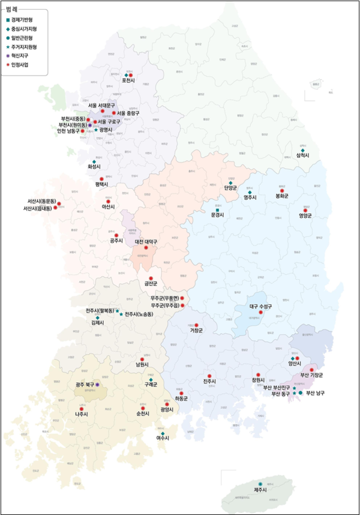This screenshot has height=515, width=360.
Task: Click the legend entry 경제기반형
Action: coord(22,20)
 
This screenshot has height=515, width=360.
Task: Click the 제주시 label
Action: coord(260,490)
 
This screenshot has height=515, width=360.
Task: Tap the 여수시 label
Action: coord(163,439)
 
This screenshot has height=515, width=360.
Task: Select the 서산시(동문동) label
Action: coord(41,201)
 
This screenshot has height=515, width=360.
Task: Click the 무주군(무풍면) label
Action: coord(166,298)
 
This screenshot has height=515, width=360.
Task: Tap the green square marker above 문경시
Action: coord(217,209)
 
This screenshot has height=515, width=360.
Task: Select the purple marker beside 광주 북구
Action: coord(97,384)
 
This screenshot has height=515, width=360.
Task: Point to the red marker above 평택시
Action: coord(101,179)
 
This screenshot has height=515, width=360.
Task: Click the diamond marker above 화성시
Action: coord(92,158)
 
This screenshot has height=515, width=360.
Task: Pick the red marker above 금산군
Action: coord(151,278)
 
